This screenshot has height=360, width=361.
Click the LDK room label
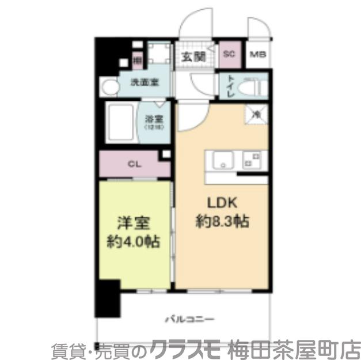(x=221, y=203)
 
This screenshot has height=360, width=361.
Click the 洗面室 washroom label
(x=144, y=82)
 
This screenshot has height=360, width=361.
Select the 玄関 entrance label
(x=193, y=56)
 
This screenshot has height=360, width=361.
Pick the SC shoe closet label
(x=229, y=54)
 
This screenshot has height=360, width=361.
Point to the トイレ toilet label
(x=230, y=87)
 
